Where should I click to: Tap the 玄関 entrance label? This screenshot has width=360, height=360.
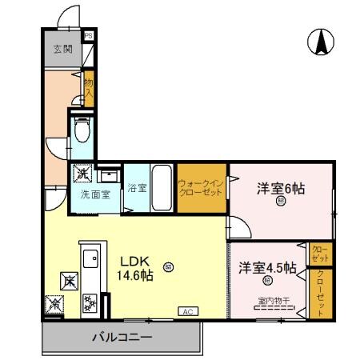coord(62,49)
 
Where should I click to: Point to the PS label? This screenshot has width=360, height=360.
coord(89,36)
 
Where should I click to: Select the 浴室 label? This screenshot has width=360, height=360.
coord(137,189)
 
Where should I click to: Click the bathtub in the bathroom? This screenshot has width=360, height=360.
coord(161,188)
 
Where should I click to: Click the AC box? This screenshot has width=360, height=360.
coord(187,310)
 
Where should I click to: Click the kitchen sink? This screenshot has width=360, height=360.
coord(89,258)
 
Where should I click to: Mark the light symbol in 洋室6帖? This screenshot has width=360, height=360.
coord(281,202)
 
